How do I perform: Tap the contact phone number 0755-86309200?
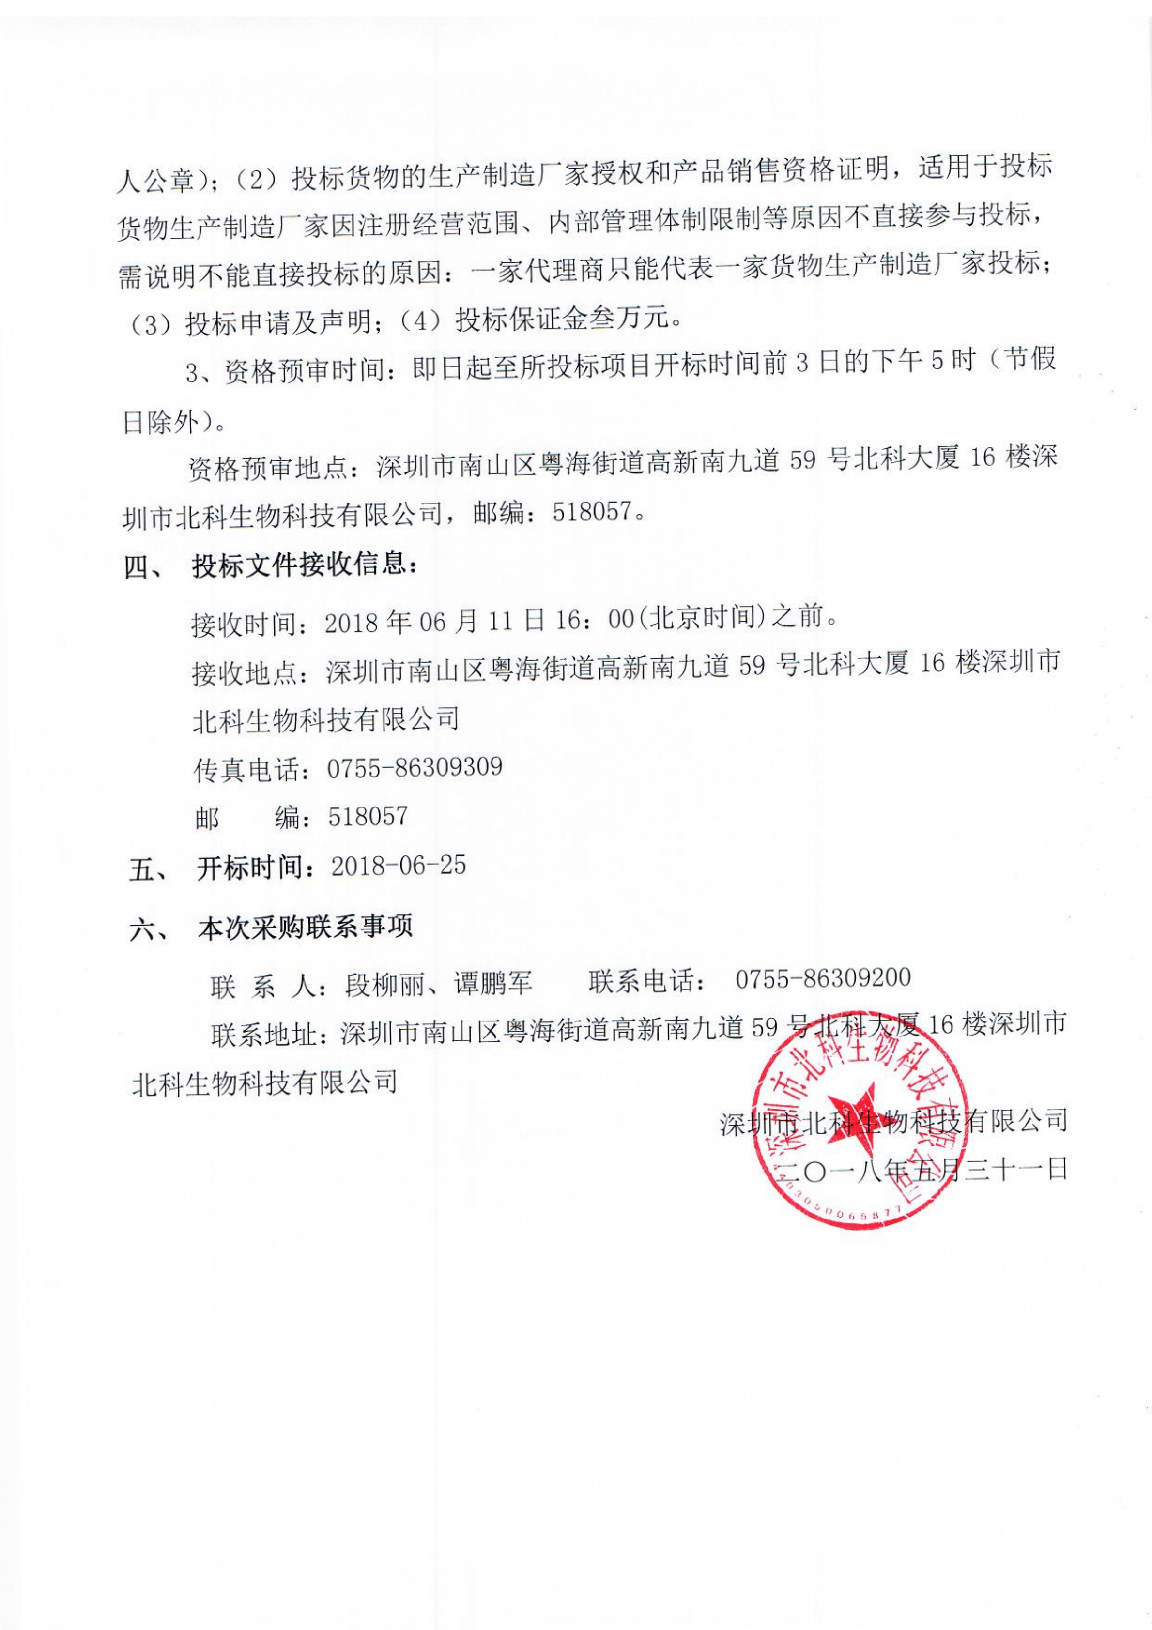[x=822, y=978]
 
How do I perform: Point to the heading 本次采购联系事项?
[x=306, y=927]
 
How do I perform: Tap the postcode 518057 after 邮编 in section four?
[x=368, y=816]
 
